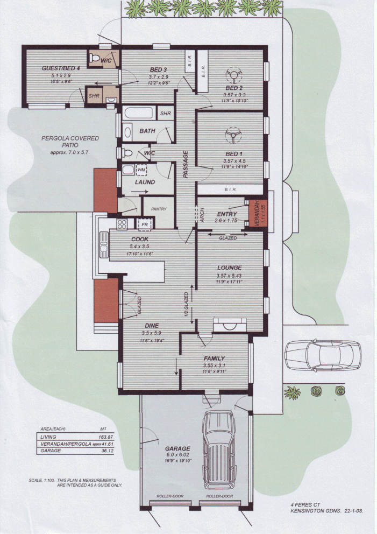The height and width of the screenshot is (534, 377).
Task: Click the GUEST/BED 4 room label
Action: tap(61, 68)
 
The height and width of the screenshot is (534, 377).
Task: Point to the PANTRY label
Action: tap(159, 209)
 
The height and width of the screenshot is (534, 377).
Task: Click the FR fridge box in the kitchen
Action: tap(144, 223)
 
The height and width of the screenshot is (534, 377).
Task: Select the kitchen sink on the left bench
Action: tap(103, 247)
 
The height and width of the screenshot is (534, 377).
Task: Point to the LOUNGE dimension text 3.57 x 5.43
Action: tap(229, 276)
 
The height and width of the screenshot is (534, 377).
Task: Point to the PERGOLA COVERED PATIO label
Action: tap(70, 142)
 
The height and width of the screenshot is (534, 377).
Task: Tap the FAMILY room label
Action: tap(214, 358)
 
